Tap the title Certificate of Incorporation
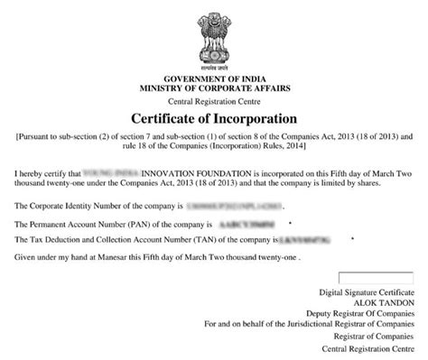click(214, 118)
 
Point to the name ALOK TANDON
click(386, 303)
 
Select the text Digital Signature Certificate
click(368, 293)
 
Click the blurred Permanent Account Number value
click(246, 222)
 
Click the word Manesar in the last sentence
click(126, 256)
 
